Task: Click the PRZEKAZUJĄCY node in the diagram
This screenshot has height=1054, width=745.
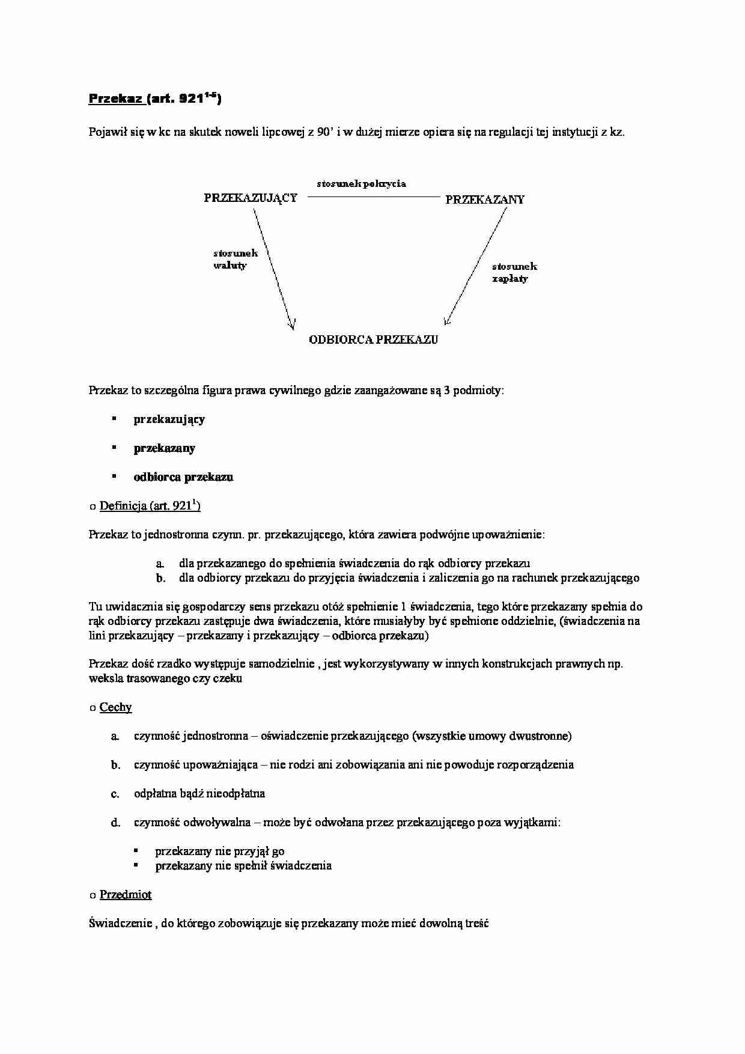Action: point(251,198)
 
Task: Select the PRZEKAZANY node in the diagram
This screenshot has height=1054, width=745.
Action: point(485,200)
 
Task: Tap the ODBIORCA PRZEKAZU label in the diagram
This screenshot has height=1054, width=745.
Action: point(373,340)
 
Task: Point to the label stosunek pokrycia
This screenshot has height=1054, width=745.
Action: point(362,184)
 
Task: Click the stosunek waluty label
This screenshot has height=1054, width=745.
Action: point(235,259)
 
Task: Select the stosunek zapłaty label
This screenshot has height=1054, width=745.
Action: point(514,272)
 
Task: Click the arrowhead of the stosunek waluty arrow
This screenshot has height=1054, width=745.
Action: point(292,326)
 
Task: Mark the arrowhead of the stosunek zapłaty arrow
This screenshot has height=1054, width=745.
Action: point(446,320)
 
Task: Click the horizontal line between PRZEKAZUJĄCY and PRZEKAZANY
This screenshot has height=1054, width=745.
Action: point(374,196)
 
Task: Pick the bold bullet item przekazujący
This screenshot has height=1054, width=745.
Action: point(169,419)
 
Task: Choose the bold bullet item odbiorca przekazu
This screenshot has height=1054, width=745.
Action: point(183,477)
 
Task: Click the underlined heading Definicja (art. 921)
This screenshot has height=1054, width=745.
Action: point(150,506)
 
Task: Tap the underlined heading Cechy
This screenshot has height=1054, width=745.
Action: point(115,707)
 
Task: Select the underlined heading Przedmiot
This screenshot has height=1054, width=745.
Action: point(125,895)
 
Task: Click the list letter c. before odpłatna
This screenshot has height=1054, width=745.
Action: point(115,794)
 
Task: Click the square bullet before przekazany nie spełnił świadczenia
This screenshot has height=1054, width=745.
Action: point(136,865)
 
